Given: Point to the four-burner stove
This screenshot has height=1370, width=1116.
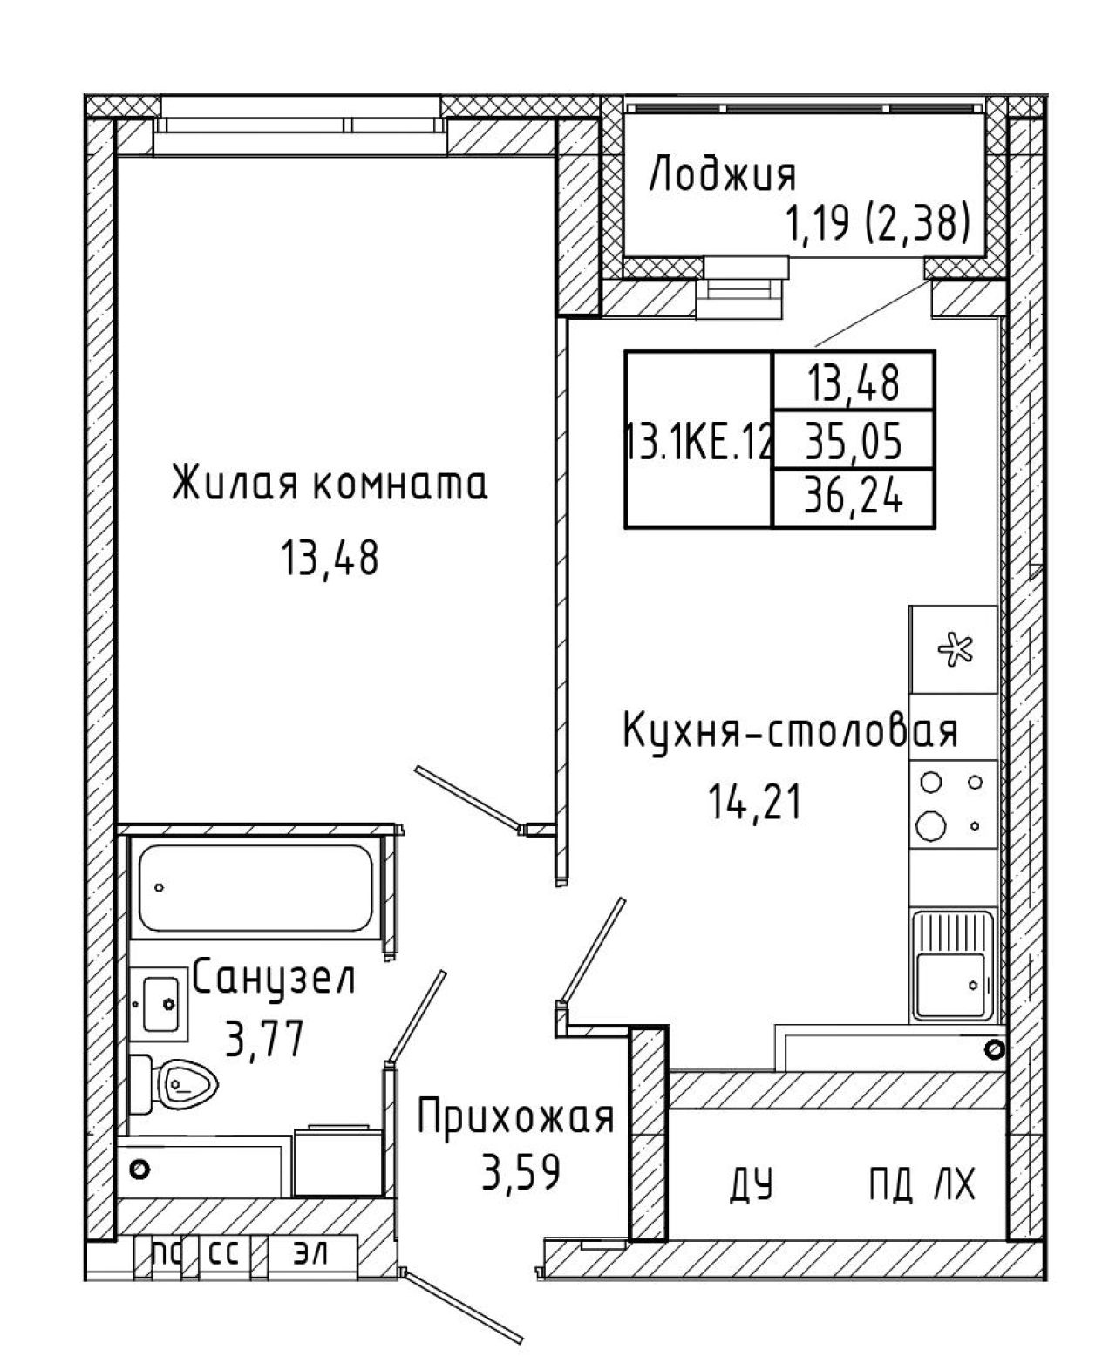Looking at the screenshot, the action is coord(953,804).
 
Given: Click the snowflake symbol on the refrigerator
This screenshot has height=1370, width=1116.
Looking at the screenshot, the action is coord(956,649).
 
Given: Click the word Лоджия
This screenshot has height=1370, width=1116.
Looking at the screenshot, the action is coord(723,175).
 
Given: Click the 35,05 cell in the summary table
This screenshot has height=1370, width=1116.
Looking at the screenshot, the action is coord(853,442).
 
